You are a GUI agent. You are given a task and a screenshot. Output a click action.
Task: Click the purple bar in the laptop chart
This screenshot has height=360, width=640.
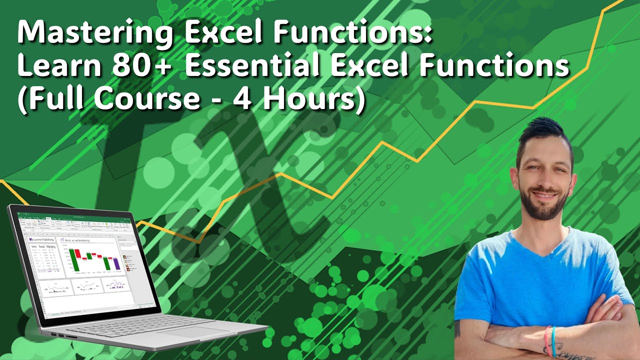pyautogui.click(x=116, y=263)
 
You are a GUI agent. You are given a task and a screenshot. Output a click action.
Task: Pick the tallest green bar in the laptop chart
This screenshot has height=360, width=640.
pyautogui.click(x=74, y=257)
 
